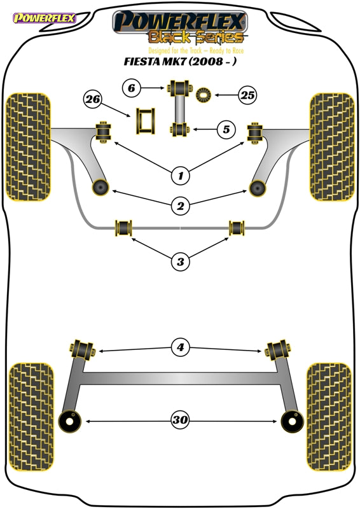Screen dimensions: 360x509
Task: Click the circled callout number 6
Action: (132, 88)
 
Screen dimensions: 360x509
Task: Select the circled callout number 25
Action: (247, 95)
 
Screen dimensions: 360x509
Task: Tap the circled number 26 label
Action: (92, 99)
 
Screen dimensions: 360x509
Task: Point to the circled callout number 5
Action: (226, 130)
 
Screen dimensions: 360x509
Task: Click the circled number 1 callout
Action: (181, 176)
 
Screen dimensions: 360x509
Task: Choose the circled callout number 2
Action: (181, 206)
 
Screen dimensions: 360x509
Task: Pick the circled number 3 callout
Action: (181, 261)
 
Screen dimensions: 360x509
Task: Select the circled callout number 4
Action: (181, 347)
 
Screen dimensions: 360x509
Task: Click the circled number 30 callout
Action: (180, 419)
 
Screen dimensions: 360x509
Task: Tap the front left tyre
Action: (29, 147)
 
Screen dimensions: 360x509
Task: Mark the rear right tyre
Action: (329, 417)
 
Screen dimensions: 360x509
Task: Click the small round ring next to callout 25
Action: (204, 95)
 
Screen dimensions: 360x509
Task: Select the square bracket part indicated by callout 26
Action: (146, 121)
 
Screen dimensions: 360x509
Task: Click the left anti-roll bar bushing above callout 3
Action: (123, 228)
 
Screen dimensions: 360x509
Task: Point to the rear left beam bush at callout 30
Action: (69, 421)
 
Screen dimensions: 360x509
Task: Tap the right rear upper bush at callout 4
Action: (278, 351)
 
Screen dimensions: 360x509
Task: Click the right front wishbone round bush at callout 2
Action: (258, 188)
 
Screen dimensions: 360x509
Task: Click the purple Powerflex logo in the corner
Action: (44, 18)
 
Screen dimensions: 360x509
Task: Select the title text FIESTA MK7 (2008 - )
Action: (179, 61)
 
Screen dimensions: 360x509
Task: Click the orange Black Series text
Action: (196, 37)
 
